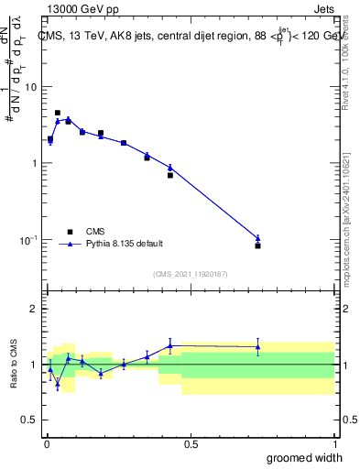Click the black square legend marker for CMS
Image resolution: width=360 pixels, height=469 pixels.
pos(70,232)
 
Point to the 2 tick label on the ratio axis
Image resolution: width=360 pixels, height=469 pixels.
pos(33,309)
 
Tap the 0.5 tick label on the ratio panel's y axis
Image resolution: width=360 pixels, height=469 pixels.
pos(29,420)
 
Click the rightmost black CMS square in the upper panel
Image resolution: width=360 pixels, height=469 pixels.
pos(257,245)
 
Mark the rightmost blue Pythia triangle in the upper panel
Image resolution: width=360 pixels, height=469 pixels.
pos(257,238)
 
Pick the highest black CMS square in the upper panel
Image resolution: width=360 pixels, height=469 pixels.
pos(58,113)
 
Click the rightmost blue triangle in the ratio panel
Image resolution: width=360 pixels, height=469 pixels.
pos(257,347)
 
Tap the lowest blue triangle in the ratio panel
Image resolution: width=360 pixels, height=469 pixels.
pos(58,385)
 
